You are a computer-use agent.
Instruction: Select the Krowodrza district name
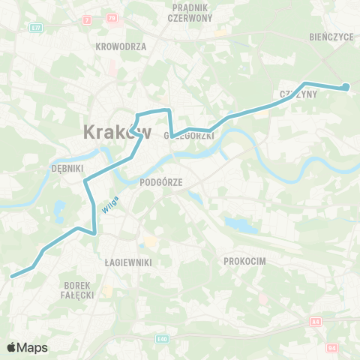121,46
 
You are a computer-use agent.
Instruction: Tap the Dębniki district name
66,169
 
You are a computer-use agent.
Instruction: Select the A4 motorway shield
315,322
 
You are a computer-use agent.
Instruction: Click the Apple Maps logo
27,347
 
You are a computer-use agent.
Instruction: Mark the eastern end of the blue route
346,88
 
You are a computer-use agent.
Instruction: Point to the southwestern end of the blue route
12,277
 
